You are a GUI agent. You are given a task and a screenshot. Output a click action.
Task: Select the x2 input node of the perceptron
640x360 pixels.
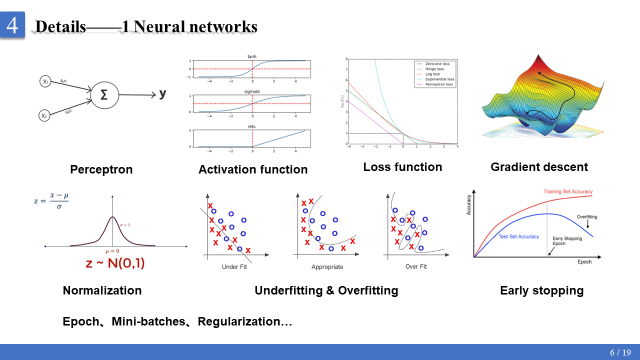click(45, 115)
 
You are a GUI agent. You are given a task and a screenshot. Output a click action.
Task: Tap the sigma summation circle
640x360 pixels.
click(104, 94)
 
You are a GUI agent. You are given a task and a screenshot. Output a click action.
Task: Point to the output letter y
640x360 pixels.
click(162, 93)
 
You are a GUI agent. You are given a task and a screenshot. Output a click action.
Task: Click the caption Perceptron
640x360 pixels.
click(101, 169)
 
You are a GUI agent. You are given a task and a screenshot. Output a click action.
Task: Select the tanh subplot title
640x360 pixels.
click(252, 56)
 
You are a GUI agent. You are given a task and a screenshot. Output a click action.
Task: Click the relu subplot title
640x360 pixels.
click(252, 126)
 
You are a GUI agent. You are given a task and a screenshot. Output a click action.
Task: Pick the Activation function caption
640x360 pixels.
click(253, 169)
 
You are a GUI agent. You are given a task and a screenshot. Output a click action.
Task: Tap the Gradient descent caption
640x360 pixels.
click(539, 167)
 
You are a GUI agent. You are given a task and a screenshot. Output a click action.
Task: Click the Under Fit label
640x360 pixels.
click(234, 267)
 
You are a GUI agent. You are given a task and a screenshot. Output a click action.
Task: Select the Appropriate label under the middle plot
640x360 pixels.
click(327, 267)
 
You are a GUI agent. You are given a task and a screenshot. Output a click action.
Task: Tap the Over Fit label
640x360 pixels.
click(416, 267)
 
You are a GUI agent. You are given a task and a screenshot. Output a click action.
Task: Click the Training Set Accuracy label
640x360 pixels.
click(568, 191)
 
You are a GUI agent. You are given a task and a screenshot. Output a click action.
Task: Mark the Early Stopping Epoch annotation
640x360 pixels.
click(567, 241)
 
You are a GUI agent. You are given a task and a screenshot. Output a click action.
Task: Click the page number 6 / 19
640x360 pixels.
click(620, 352)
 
